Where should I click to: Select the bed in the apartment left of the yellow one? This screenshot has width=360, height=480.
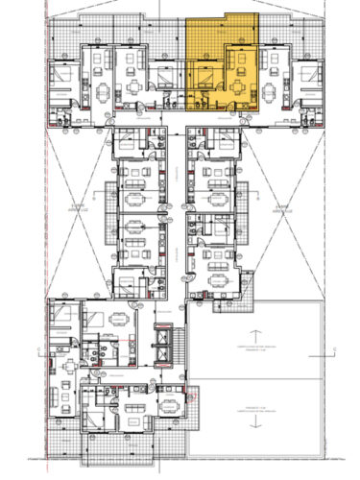[164, 75]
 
